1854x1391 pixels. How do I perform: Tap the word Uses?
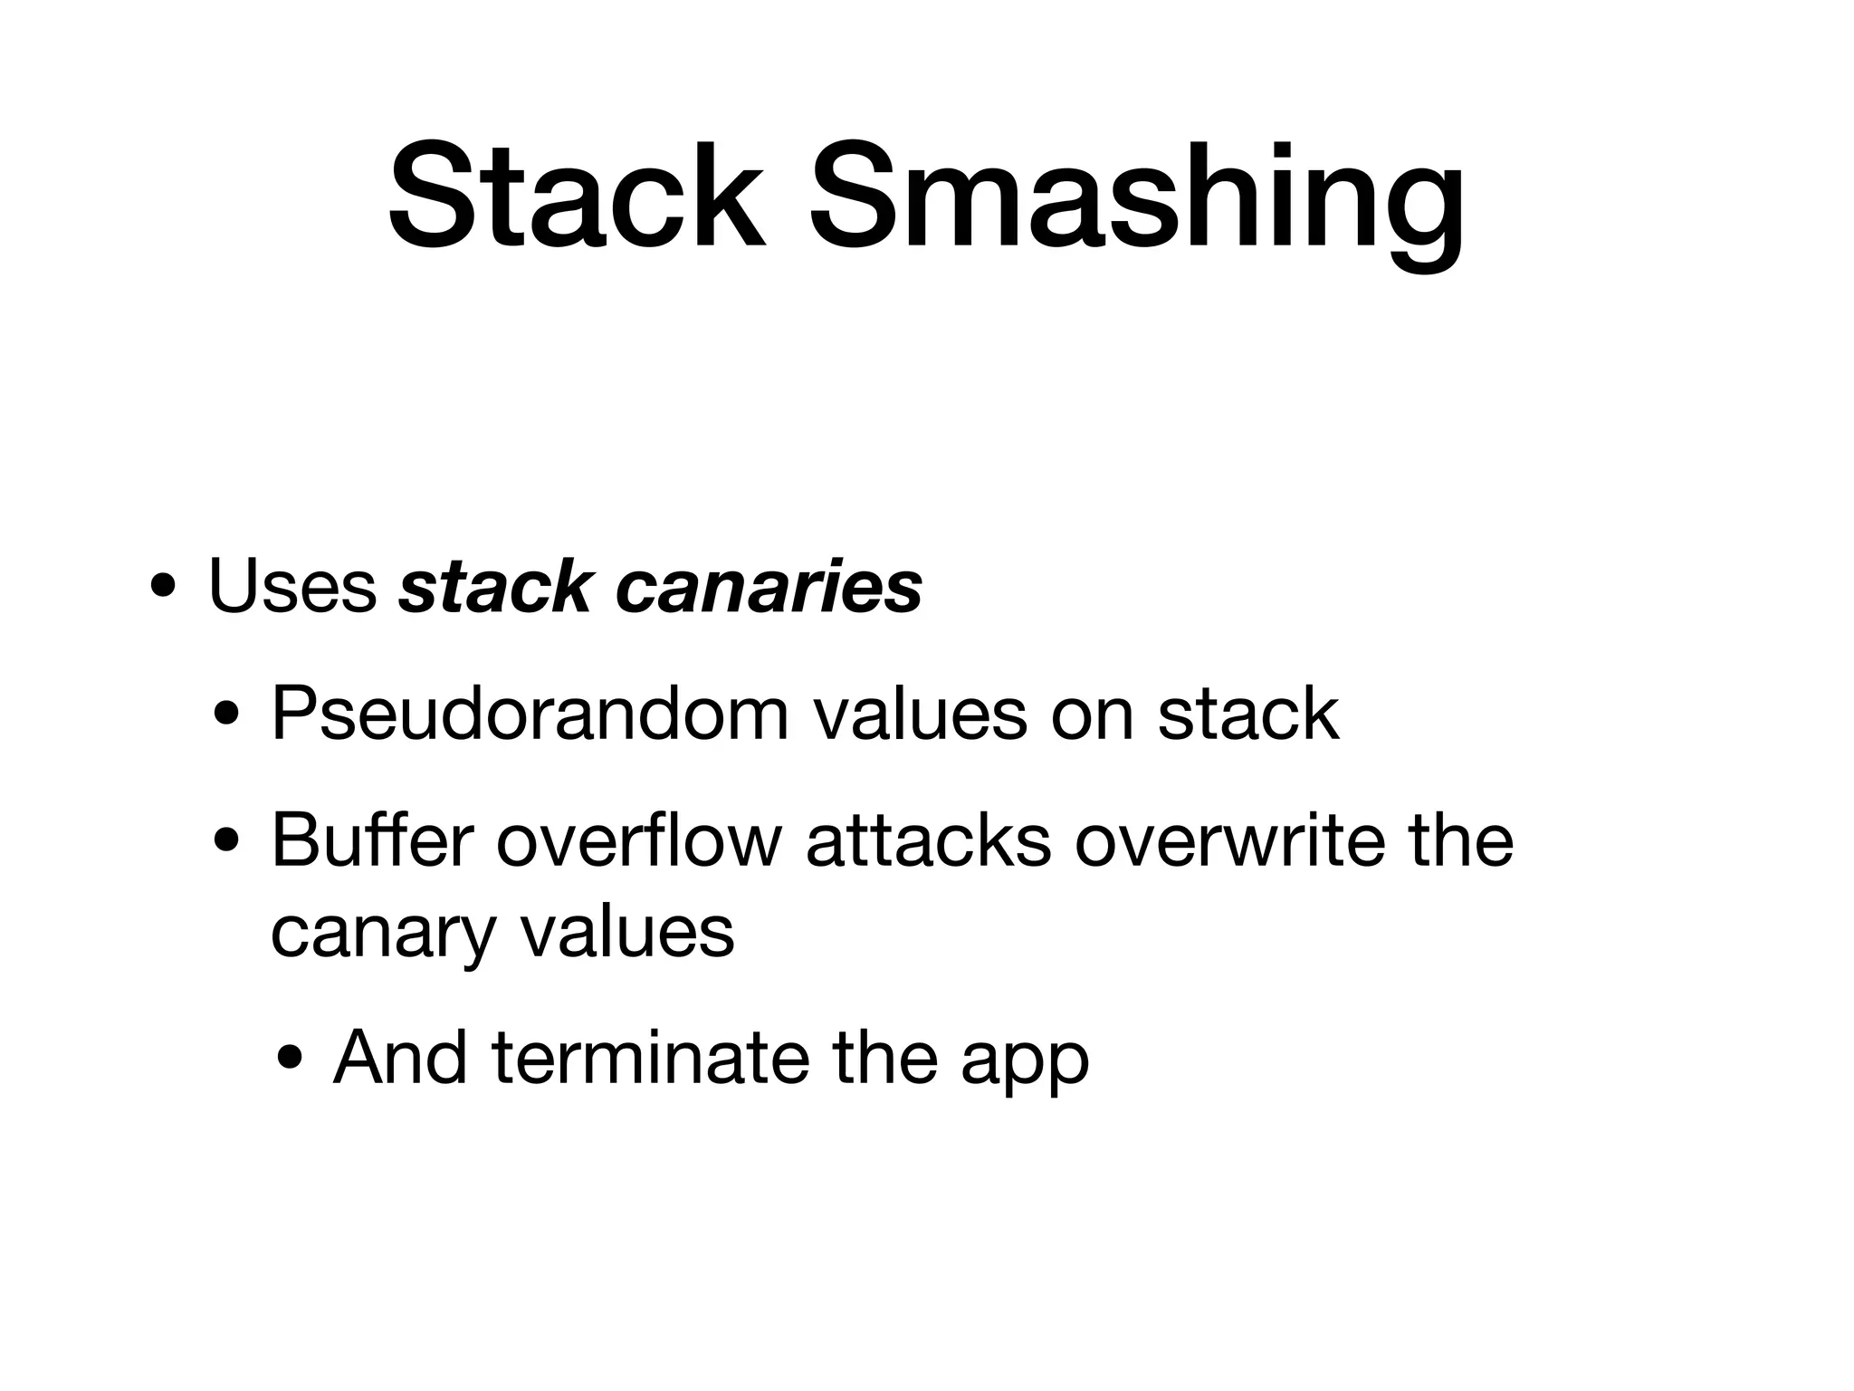tap(292, 587)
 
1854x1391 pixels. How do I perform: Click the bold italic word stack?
tap(494, 587)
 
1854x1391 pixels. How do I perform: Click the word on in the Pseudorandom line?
tap(1092, 715)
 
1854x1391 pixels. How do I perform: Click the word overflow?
tap(639, 841)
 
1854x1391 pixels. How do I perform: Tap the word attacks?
tap(929, 841)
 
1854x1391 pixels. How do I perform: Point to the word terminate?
tap(651, 1057)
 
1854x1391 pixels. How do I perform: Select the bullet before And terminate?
tap(290, 1061)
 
